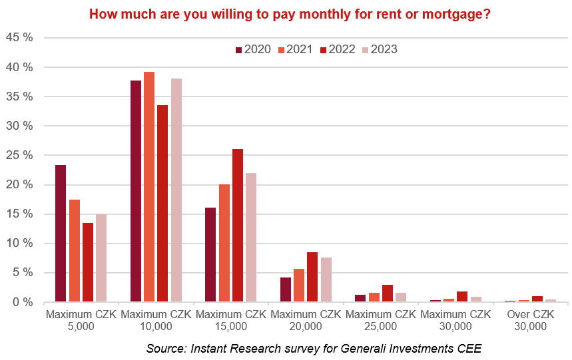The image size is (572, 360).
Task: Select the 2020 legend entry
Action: (x=253, y=49)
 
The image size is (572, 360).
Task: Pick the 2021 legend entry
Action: (x=294, y=49)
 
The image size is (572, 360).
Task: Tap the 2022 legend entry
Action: (x=337, y=49)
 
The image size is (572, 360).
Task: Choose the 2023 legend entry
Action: (x=379, y=49)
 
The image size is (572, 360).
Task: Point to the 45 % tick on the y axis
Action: (x=19, y=38)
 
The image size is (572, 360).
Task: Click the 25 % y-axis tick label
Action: (x=19, y=155)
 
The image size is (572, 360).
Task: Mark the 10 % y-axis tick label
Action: (x=19, y=243)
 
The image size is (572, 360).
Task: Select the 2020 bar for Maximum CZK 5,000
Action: (x=60, y=233)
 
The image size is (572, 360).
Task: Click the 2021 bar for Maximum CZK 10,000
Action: (x=148, y=187)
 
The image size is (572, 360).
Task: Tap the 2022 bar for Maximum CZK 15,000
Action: (x=238, y=226)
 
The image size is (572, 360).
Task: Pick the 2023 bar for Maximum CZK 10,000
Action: (x=176, y=190)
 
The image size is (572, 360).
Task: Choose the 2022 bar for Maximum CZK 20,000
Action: (x=312, y=277)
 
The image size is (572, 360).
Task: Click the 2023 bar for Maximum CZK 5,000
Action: (x=101, y=258)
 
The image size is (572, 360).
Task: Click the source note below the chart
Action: (x=314, y=348)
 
